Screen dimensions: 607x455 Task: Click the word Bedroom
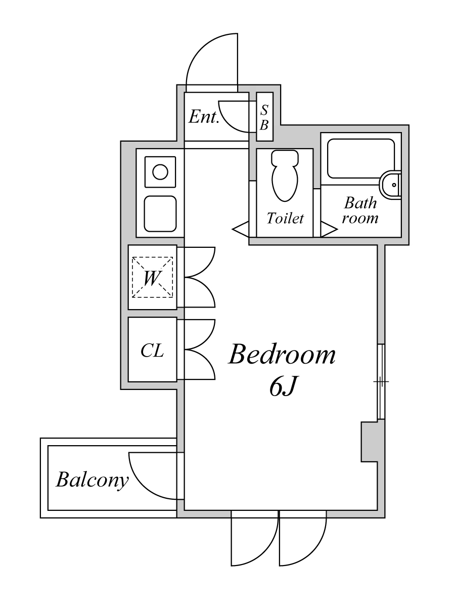282,355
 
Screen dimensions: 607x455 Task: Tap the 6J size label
282,387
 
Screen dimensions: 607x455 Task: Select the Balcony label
92,480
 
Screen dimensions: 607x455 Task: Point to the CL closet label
152,350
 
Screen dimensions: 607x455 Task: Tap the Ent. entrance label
204,117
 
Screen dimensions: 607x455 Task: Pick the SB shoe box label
264,117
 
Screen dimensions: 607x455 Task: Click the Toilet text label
285,219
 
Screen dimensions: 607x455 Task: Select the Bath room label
360,211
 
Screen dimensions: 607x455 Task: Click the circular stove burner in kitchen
160,172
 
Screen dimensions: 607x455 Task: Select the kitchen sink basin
160,213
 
